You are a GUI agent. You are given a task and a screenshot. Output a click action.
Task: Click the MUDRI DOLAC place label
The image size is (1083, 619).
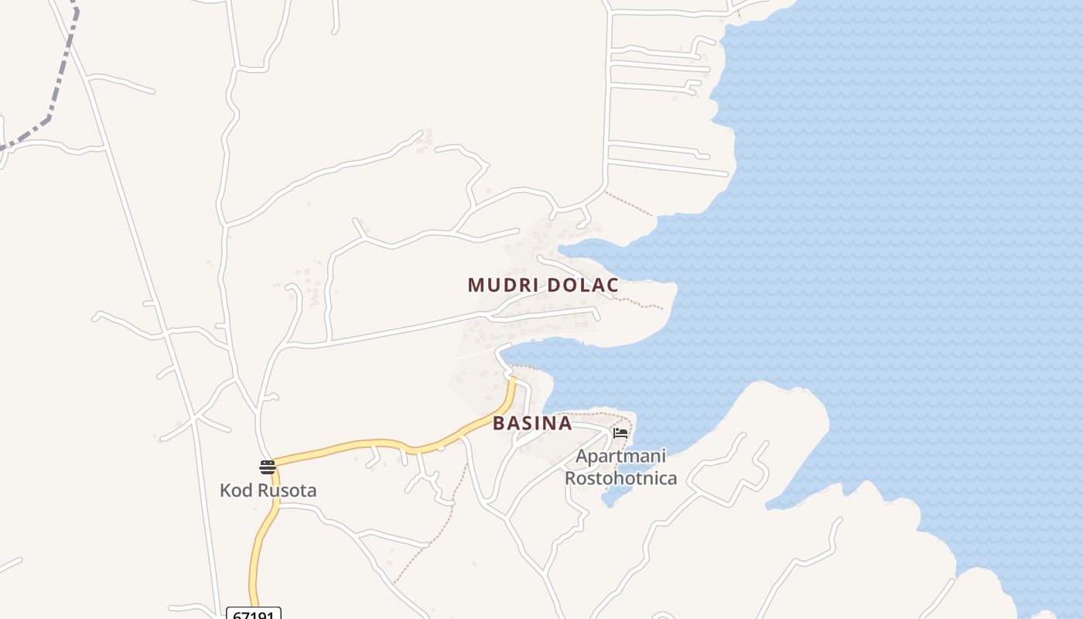coord(542,286)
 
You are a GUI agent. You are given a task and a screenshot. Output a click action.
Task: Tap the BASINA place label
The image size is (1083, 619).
coord(532,424)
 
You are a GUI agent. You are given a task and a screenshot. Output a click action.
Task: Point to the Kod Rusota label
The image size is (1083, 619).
coord(268,491)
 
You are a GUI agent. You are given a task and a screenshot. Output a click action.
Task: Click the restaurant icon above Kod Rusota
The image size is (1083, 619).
coord(268,467)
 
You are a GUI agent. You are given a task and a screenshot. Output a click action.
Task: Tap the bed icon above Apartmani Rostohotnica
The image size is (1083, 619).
coord(620,433)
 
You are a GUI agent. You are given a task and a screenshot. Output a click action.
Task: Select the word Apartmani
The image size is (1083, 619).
coord(620,457)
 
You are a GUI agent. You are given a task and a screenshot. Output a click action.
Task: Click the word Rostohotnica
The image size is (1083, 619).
coord(620,478)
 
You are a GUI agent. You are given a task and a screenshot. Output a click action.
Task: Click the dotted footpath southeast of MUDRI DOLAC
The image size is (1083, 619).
coord(642,303)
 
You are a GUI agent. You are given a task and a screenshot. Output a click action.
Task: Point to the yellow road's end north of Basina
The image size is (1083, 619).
coord(511,379)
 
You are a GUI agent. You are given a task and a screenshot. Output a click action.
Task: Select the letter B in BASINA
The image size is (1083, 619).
coord(499,424)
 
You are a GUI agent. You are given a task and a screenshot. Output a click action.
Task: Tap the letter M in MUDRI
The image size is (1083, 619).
coord(475,286)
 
